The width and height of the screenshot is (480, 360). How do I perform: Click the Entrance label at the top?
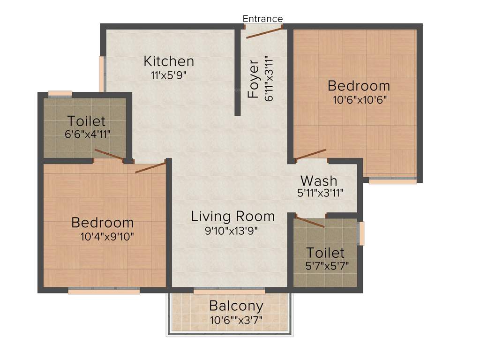262,19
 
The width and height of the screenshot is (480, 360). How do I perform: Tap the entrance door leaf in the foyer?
264,32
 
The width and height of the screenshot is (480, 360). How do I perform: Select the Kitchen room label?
169,61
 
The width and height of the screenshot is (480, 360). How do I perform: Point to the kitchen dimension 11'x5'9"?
169,75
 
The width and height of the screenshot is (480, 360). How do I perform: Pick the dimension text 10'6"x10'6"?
359,99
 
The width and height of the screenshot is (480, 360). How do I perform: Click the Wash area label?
319,180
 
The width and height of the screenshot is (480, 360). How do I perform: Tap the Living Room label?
233,216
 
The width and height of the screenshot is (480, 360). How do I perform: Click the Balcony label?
236,307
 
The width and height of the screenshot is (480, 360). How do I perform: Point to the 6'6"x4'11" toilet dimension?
88,134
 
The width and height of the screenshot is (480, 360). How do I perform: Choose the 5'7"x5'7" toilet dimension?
327,266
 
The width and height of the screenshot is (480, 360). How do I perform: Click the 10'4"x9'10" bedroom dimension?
107,236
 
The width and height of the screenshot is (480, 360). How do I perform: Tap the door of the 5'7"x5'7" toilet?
310,222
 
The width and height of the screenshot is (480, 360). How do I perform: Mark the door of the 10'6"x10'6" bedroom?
311,154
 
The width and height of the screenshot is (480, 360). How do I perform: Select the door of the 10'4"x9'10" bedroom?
150,167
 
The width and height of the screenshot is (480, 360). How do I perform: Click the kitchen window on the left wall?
101,74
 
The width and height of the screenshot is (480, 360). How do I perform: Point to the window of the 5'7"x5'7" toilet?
360,233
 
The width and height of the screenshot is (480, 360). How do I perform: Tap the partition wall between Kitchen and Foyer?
238,73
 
